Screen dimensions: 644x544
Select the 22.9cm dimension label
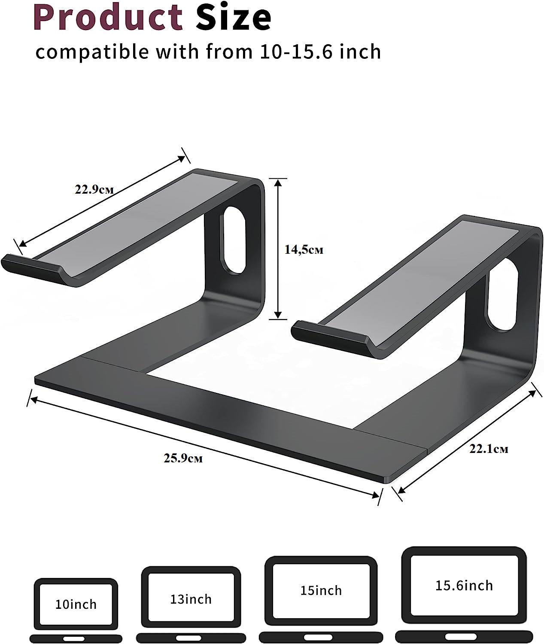(94, 189)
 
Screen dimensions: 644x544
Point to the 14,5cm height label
(304, 249)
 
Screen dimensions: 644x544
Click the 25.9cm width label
(183, 458)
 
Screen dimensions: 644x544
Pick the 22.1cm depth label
(489, 449)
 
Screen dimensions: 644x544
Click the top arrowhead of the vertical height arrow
(279, 182)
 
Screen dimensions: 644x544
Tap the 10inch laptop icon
(76, 610)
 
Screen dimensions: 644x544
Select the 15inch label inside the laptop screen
(321, 590)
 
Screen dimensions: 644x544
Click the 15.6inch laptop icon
(464, 594)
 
